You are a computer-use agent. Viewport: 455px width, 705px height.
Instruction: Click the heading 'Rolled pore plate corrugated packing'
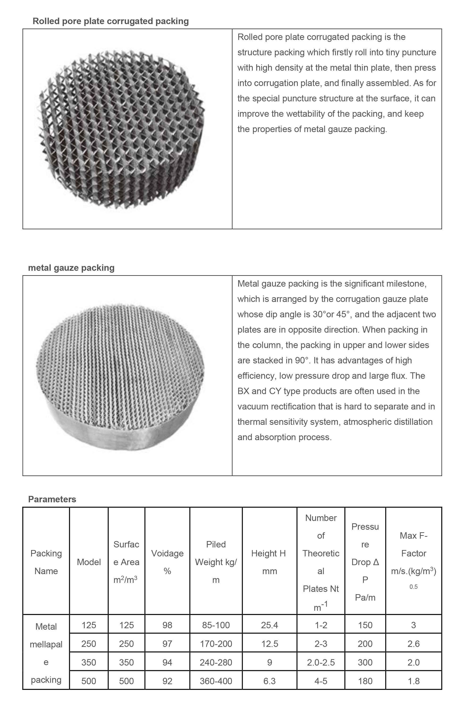(x=110, y=21)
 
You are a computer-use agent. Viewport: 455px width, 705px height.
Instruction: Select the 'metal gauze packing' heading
(x=71, y=268)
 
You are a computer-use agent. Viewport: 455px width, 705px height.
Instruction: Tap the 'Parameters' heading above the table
(x=52, y=499)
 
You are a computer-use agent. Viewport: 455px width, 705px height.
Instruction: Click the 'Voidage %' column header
(x=167, y=562)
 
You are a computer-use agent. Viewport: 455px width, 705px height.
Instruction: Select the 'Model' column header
(x=89, y=562)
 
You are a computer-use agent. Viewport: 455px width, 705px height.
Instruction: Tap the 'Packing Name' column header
(x=46, y=562)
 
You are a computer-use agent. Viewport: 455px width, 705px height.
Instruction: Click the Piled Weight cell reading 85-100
(x=216, y=625)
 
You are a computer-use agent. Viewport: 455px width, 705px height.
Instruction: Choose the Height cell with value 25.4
(x=269, y=625)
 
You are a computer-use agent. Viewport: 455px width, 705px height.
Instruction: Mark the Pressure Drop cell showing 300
(x=365, y=662)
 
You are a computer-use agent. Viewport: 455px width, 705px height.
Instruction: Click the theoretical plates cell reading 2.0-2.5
(x=321, y=662)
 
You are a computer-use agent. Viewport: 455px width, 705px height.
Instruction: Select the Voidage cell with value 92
(x=167, y=681)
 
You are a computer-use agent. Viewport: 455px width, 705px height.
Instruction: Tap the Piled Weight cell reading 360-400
(x=216, y=681)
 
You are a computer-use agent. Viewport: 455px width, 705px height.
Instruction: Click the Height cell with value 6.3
(x=269, y=681)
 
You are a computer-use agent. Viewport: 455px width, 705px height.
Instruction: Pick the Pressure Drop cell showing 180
(x=365, y=681)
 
